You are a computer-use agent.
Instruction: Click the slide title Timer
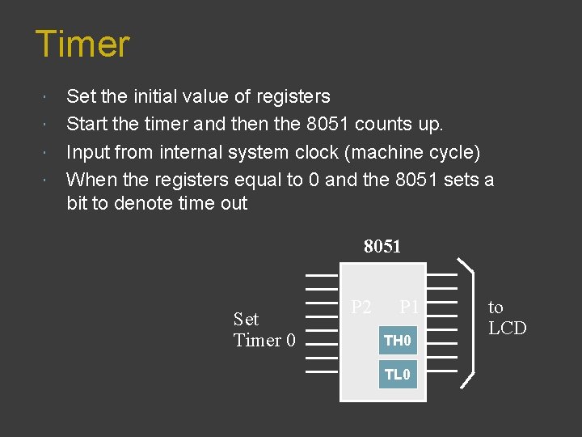(x=82, y=44)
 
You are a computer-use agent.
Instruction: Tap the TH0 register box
(x=398, y=341)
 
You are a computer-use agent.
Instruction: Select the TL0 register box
(x=398, y=375)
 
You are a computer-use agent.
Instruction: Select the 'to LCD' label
(x=507, y=317)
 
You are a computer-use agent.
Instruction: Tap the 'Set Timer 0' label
(x=264, y=329)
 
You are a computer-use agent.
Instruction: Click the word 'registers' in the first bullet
(x=293, y=96)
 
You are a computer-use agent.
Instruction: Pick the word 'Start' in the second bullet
(x=86, y=125)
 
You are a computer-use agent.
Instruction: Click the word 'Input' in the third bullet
(x=86, y=152)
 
